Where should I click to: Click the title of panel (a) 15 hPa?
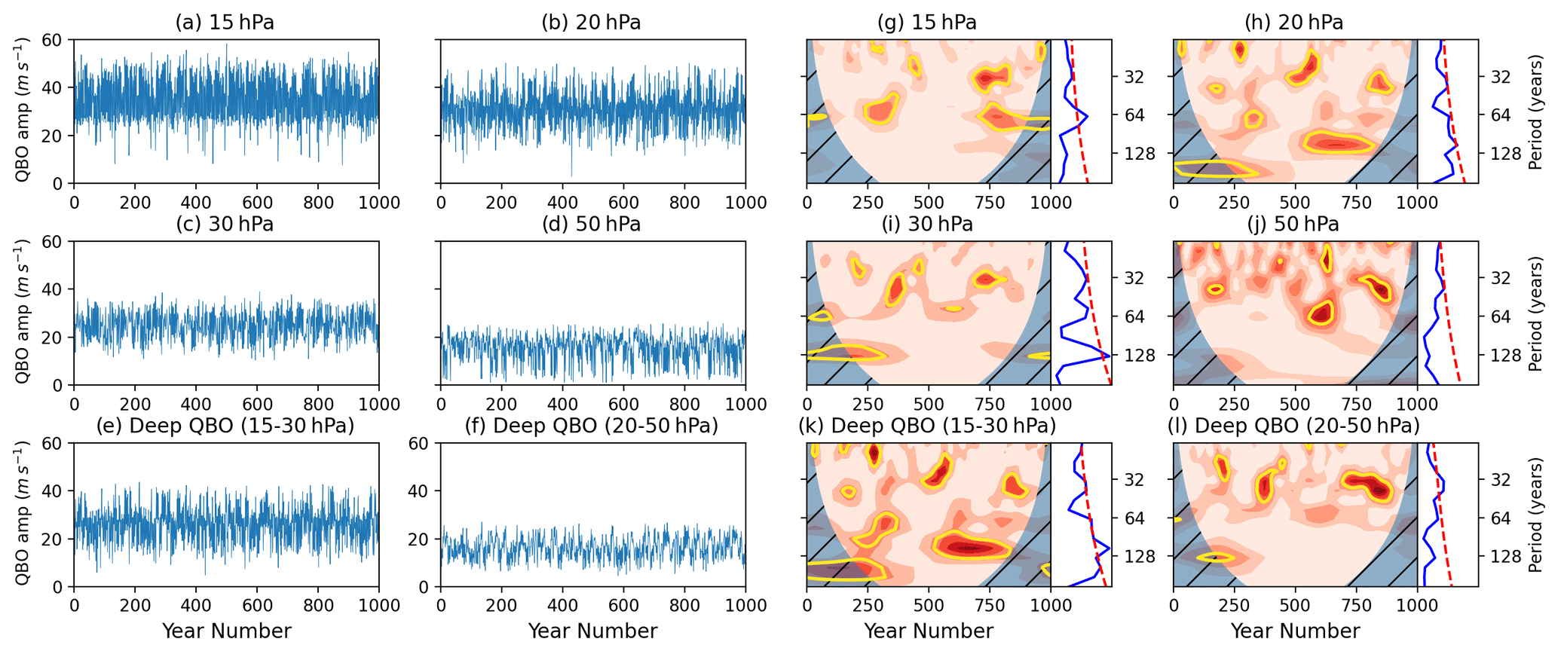225,23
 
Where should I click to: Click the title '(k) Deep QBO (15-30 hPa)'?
927,426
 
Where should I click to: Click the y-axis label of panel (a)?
23,111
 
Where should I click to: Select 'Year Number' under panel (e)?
226,631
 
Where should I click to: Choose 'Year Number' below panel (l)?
1295,631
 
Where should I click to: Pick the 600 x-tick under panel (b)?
623,203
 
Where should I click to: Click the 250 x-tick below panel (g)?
868,203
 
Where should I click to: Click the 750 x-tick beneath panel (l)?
1356,606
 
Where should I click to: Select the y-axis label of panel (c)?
23,312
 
